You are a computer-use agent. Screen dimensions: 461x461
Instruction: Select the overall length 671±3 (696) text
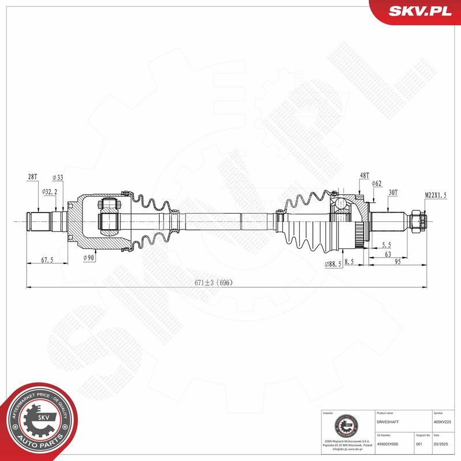pyautogui.click(x=213, y=283)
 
